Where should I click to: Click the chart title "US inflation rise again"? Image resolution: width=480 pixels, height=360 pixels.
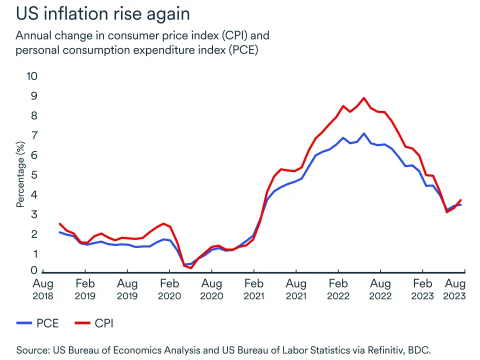(x=103, y=13)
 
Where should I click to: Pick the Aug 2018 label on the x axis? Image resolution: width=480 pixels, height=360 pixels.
(x=42, y=289)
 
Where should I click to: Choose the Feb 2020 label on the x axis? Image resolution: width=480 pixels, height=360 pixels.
(x=169, y=289)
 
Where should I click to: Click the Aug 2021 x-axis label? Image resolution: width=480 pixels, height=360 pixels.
(x=296, y=289)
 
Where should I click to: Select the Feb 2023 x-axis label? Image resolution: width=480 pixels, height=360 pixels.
(x=423, y=289)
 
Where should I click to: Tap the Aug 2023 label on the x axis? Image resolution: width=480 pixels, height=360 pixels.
(x=454, y=289)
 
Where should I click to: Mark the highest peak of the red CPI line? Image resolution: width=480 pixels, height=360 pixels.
(x=363, y=98)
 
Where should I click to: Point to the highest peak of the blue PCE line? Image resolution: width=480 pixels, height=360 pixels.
(x=363, y=133)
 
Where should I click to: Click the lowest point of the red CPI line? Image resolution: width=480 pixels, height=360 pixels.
(x=191, y=268)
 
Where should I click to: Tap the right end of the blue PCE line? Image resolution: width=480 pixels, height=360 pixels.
(x=460, y=204)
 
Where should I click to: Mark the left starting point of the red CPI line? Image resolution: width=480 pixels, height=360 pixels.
(x=59, y=224)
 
